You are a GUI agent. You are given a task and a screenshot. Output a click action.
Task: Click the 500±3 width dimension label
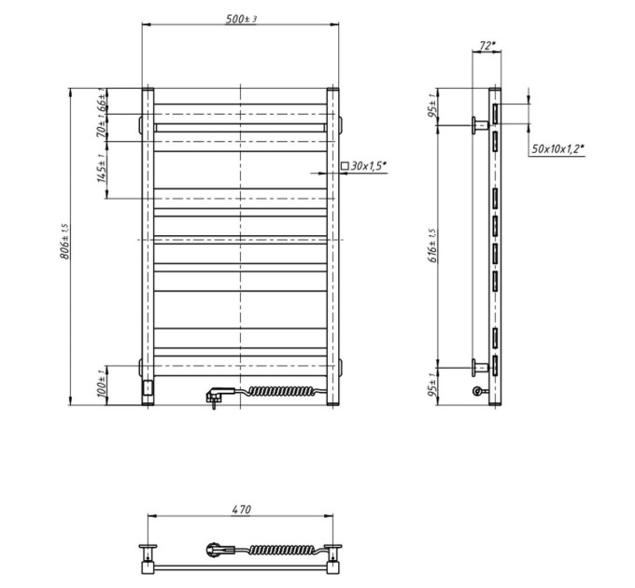pyautogui.click(x=241, y=19)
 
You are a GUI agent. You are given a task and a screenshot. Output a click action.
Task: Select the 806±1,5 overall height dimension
pyautogui.click(x=65, y=242)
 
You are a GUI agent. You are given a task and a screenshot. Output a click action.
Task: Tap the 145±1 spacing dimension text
pyautogui.click(x=101, y=168)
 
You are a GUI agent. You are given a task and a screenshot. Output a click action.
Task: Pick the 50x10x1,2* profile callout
pyautogui.click(x=557, y=149)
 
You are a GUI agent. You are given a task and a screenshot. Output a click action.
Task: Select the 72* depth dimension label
pyautogui.click(x=487, y=46)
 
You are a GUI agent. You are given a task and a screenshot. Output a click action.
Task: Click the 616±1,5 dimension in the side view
pyautogui.click(x=432, y=245)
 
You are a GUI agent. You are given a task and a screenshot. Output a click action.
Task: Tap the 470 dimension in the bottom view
pyautogui.click(x=241, y=509)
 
